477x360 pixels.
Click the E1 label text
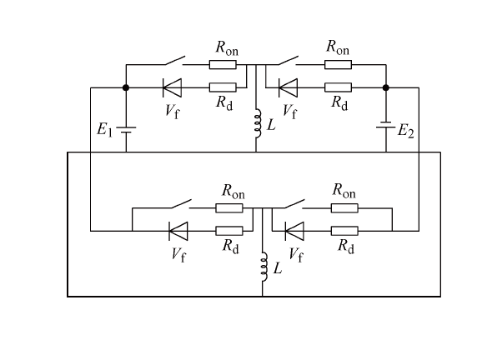104,129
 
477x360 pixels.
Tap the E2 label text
406,132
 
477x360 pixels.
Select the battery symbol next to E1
126,130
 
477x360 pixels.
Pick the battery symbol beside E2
386,125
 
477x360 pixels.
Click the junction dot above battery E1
126,87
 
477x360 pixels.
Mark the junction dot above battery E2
386,87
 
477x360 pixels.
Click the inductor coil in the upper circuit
258,123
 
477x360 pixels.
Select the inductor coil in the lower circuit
264,267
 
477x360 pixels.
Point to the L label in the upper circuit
271,125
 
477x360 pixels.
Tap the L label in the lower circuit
278,268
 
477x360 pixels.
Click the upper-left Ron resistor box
223,65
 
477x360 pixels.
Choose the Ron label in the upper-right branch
338,47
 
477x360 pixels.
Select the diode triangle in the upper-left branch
172,87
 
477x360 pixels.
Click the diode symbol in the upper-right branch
288,87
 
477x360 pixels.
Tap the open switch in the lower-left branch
182,204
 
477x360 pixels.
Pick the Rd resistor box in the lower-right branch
344,231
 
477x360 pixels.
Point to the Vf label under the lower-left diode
178,255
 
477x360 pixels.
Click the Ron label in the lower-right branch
344,192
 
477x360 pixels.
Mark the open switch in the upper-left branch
175,61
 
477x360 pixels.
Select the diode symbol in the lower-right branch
294,231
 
